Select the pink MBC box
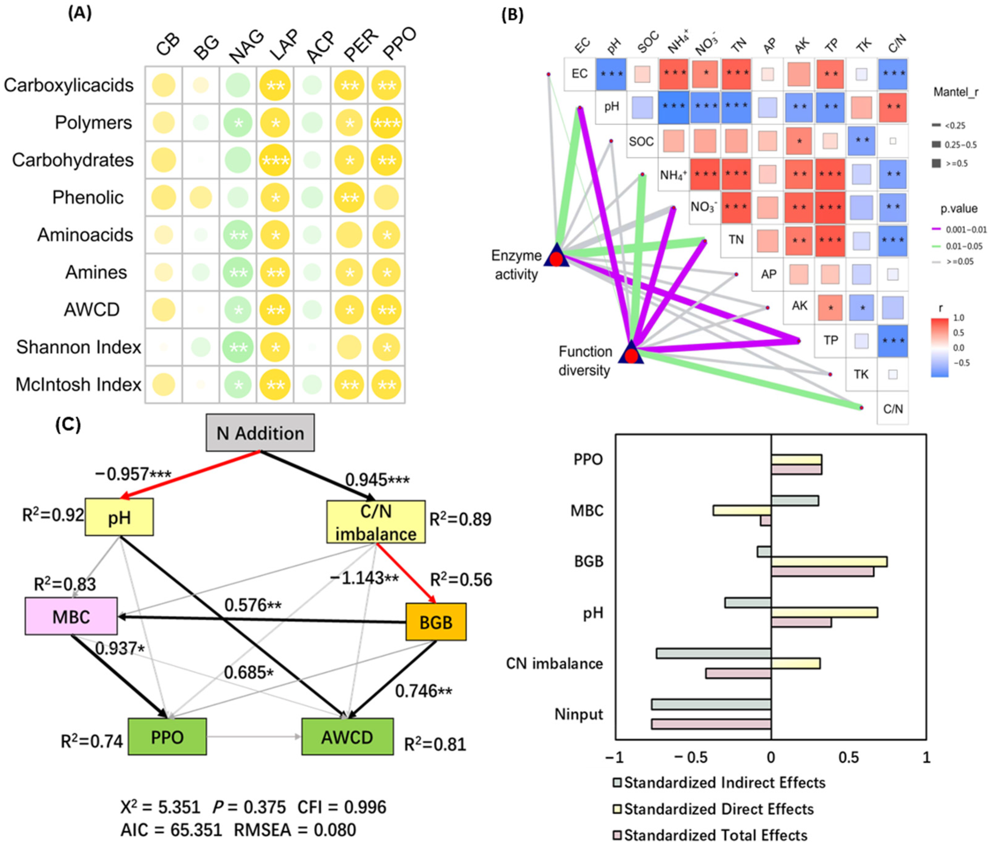71,616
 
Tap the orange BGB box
436,622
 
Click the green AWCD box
347,737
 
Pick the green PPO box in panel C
167,737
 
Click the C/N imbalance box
376,522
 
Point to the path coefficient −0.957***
133,474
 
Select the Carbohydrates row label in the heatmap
73,160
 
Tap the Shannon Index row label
79,347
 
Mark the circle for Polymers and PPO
387,123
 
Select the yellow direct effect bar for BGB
829,562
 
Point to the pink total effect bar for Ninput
711,724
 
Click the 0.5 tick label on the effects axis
848,758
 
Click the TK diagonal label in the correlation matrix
861,374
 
